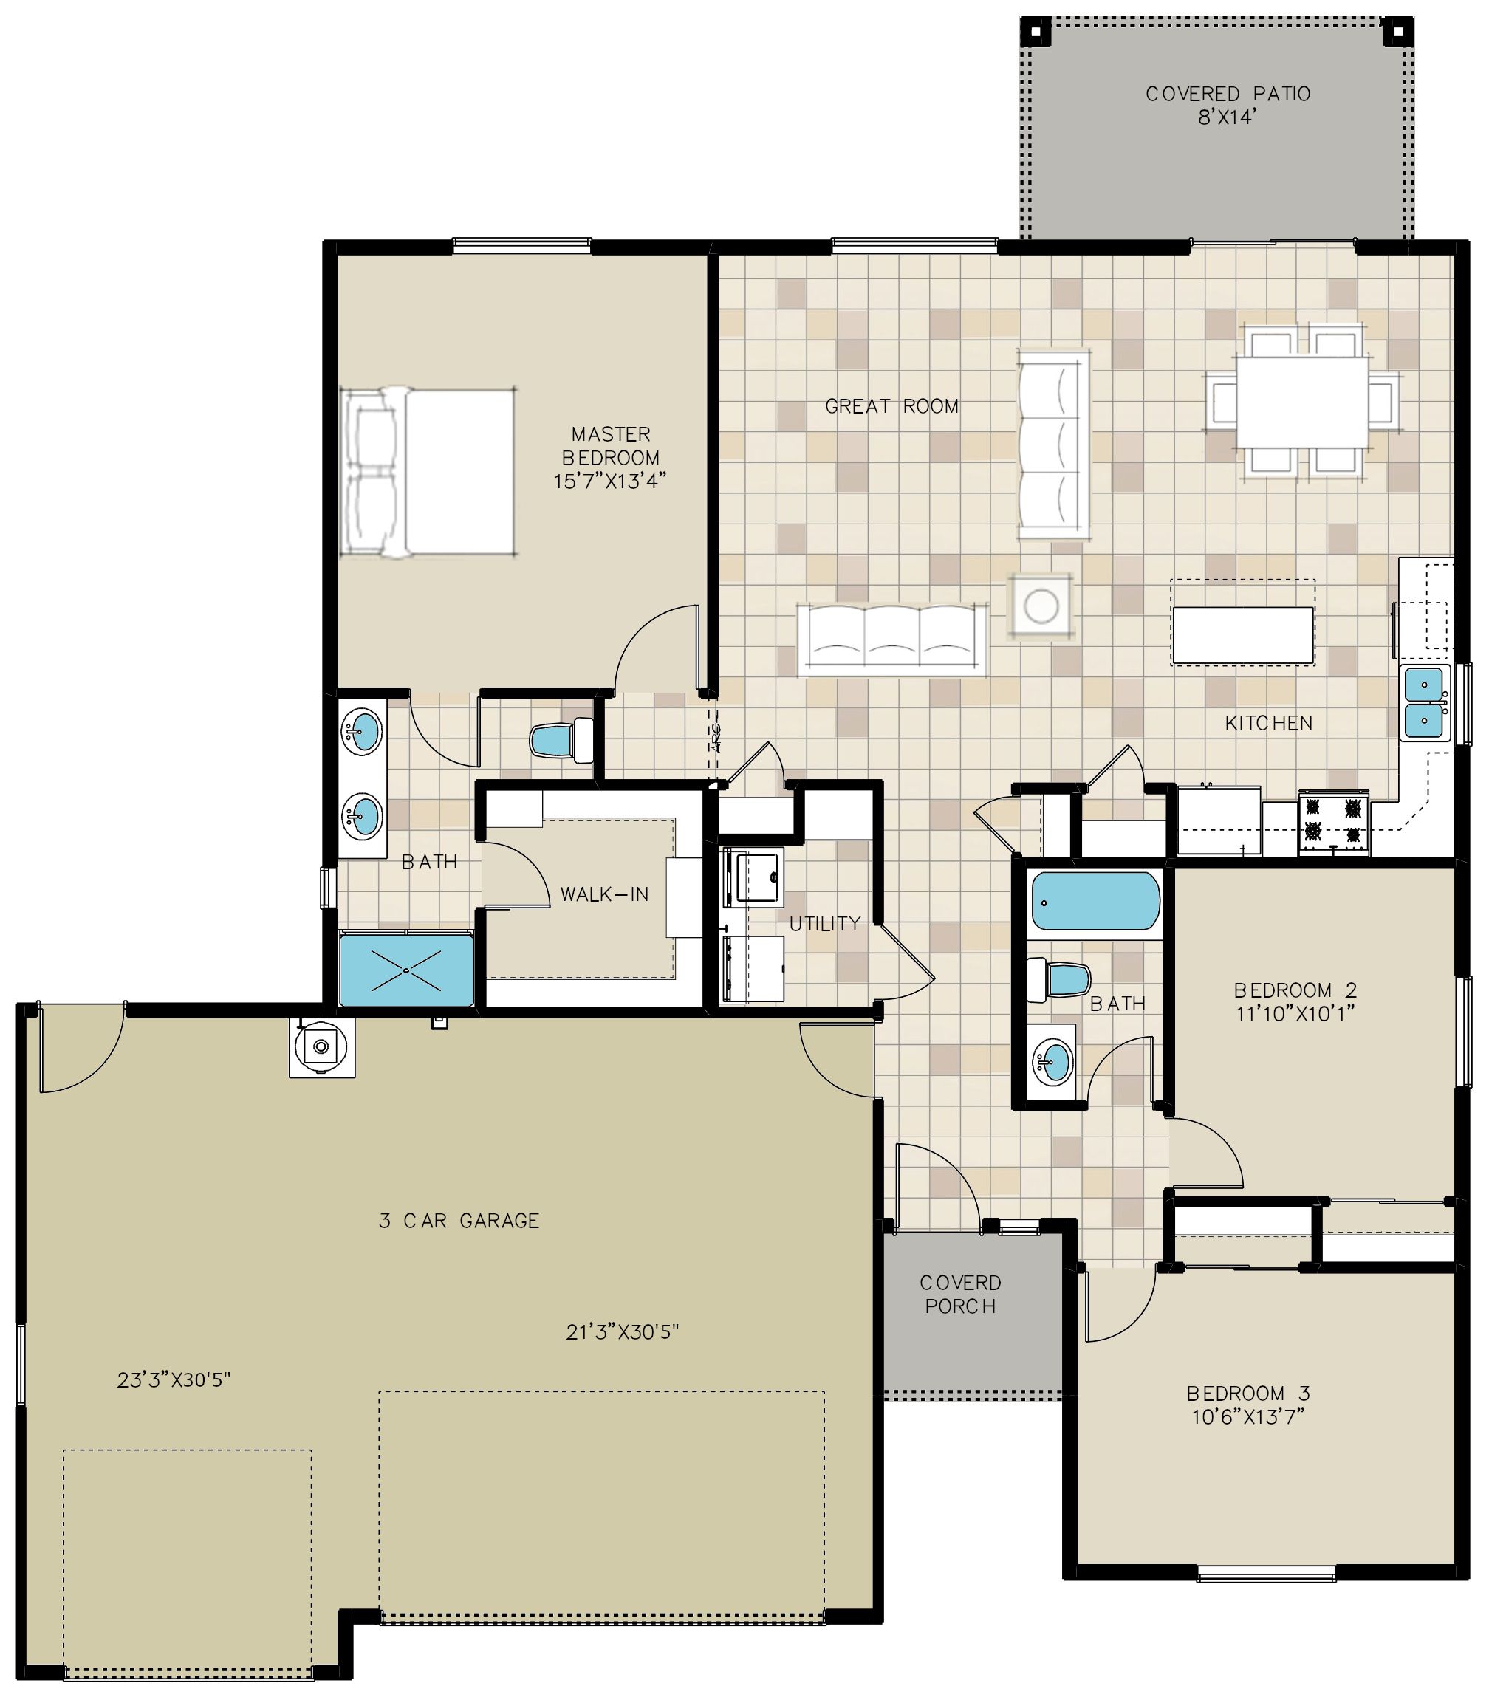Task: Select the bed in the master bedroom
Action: (x=428, y=471)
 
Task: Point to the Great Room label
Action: (x=891, y=406)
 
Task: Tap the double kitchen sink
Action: (x=1425, y=703)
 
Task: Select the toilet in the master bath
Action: (x=561, y=738)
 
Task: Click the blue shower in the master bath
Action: (x=406, y=969)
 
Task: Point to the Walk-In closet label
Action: (x=604, y=895)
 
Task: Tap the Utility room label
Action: (x=824, y=923)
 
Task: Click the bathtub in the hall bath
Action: (x=1095, y=902)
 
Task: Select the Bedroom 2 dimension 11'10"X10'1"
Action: (x=1295, y=1013)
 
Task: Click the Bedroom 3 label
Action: (x=1248, y=1394)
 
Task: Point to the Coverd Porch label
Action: (x=960, y=1295)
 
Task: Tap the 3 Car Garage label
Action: (x=459, y=1221)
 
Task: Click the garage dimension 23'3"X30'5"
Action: (x=174, y=1380)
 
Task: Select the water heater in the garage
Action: (x=321, y=1048)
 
